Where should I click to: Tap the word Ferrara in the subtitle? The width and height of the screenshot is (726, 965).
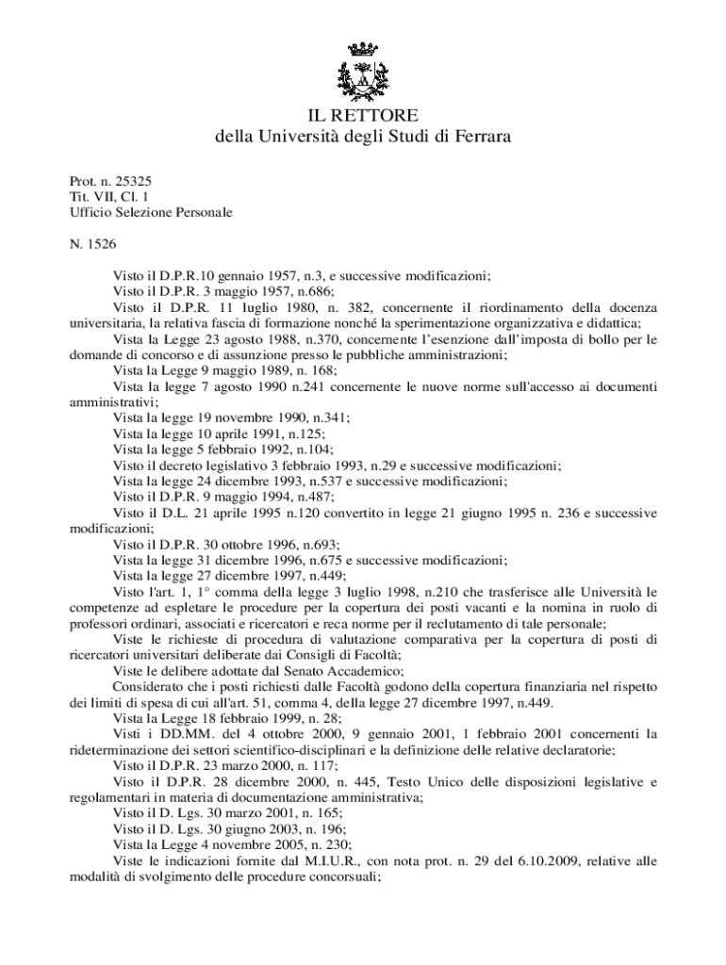point(480,138)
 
